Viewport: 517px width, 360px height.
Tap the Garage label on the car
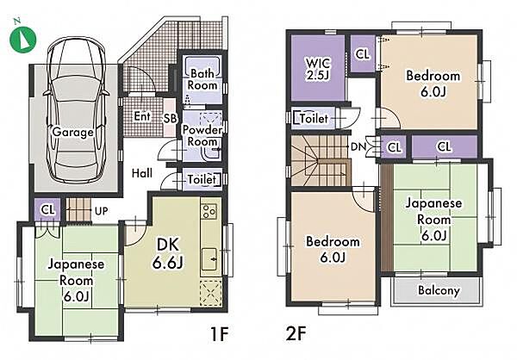click(72, 132)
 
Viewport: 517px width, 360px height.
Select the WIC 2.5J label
click(318, 69)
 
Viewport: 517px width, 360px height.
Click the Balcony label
click(439, 290)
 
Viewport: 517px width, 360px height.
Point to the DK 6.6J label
click(168, 253)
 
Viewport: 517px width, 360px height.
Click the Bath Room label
click(202, 79)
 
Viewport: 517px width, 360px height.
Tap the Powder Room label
click(202, 135)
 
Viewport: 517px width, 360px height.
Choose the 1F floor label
click(219, 334)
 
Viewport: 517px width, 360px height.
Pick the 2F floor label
click(296, 334)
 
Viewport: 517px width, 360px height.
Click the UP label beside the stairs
click(101, 211)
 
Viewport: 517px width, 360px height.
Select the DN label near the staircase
click(358, 146)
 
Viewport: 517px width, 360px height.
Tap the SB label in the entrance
click(171, 119)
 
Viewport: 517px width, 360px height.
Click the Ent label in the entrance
click(142, 116)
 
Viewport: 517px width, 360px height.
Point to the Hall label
click(142, 173)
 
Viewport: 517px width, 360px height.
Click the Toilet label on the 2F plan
click(315, 119)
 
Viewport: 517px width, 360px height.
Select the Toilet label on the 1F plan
click(202, 180)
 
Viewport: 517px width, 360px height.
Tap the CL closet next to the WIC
click(363, 54)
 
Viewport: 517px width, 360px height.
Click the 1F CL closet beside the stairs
click(47, 210)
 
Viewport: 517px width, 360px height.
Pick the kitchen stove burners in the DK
click(209, 212)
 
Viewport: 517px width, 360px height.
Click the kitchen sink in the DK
click(209, 258)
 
